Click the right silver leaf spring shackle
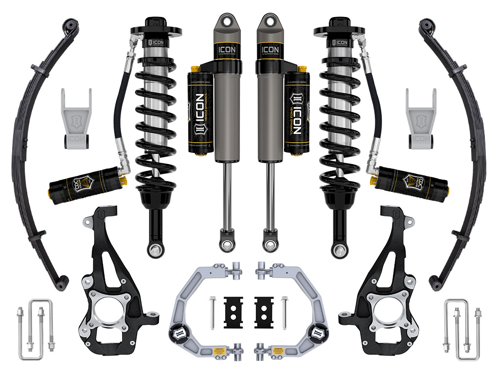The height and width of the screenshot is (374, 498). pos(422,119)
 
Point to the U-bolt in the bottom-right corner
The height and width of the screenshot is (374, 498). pos(457,324)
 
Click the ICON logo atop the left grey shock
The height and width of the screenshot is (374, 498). pos(227,50)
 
